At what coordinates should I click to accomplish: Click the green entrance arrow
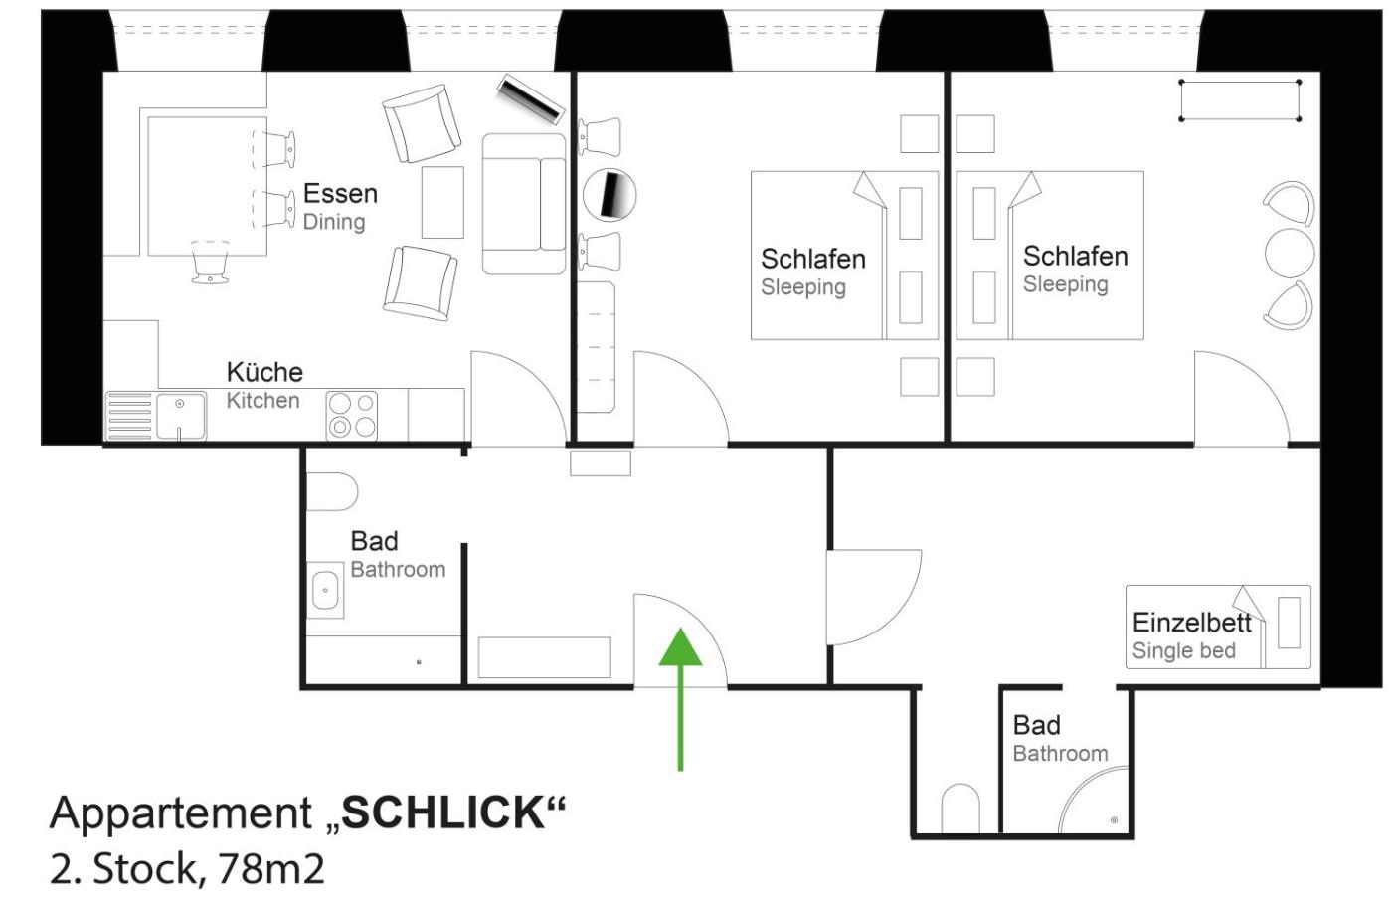point(680,699)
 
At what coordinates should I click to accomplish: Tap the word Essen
point(340,194)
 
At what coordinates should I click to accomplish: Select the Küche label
point(264,372)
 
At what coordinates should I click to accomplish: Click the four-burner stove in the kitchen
point(352,416)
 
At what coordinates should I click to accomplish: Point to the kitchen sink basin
point(181,415)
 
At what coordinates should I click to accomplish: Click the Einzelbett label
point(1191,623)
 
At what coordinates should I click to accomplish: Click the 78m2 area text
point(271,869)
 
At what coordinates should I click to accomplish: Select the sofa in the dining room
point(524,204)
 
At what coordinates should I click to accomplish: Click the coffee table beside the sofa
point(442,202)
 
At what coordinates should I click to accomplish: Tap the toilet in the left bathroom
point(332,491)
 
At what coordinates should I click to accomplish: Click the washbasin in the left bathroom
point(325,590)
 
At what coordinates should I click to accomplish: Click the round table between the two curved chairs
point(1290,253)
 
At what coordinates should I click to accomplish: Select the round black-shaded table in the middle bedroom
point(609,195)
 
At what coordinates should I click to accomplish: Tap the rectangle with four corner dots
point(1240,100)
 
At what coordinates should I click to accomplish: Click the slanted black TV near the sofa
point(531,99)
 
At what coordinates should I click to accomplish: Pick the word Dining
point(334,222)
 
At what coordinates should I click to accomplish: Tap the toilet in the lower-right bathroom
point(960,808)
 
